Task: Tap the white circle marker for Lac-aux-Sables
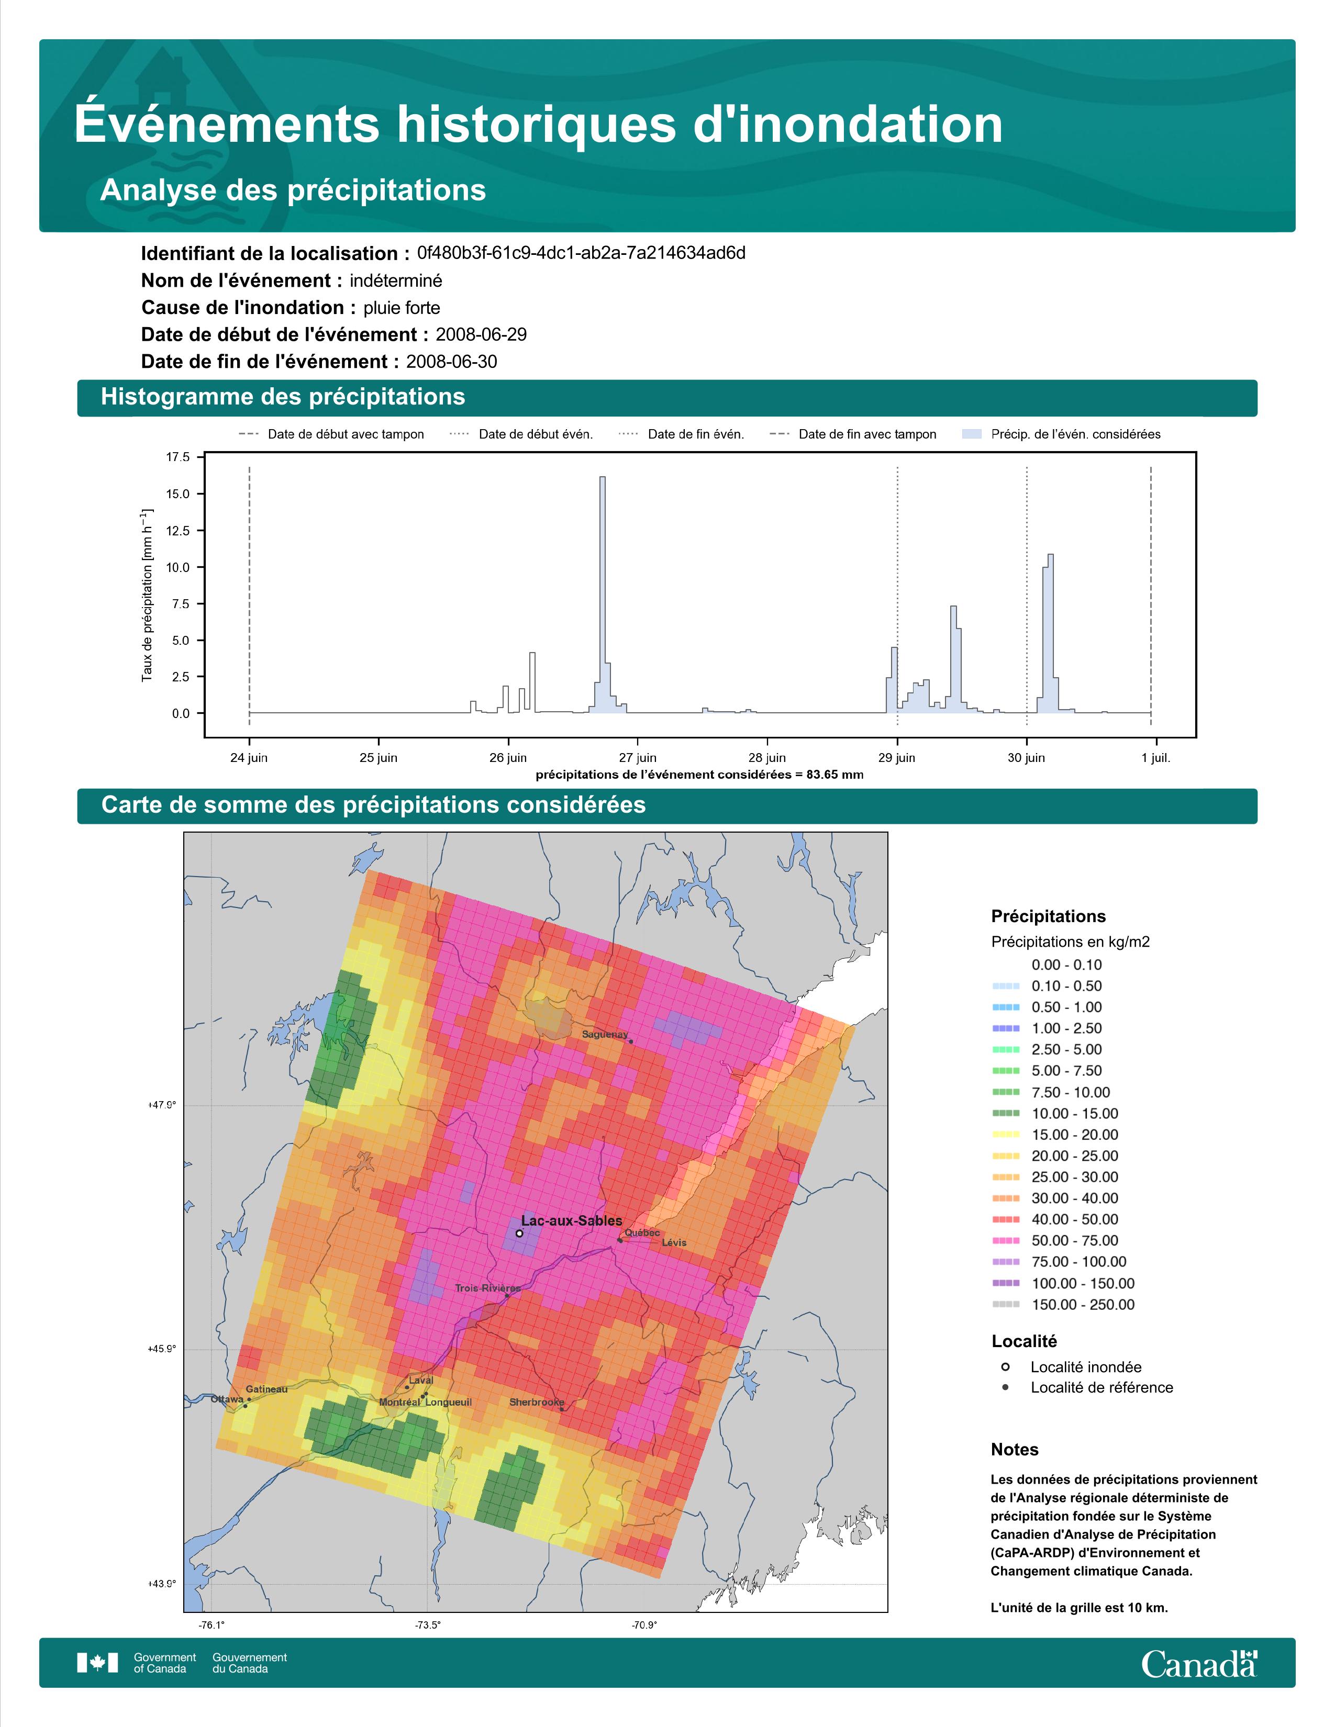click(x=519, y=1233)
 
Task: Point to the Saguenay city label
click(x=605, y=1034)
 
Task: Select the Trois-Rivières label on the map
click(x=488, y=1288)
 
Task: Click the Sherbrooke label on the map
click(x=537, y=1402)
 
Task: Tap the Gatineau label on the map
click(x=266, y=1388)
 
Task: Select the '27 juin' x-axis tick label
click(x=638, y=758)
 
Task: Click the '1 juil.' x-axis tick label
click(x=1155, y=758)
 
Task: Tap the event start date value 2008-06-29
click(x=481, y=334)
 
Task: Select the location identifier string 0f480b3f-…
click(x=581, y=253)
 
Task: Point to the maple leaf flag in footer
click(x=97, y=1663)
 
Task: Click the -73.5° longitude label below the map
click(x=428, y=1625)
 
